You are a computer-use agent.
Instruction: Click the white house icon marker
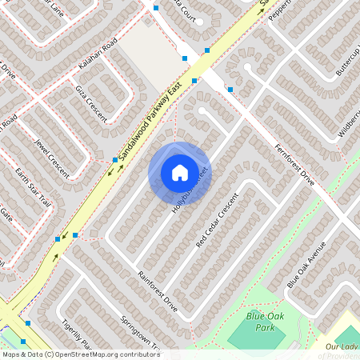[x=179, y=172]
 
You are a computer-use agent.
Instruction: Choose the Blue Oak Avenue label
[x=306, y=264]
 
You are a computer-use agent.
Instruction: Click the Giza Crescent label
[x=90, y=102]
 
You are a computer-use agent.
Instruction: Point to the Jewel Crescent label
[x=51, y=154]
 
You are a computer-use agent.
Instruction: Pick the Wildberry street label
[x=350, y=124]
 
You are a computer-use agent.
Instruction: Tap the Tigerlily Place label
[x=77, y=336]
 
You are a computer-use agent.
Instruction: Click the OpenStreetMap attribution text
[x=80, y=354]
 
